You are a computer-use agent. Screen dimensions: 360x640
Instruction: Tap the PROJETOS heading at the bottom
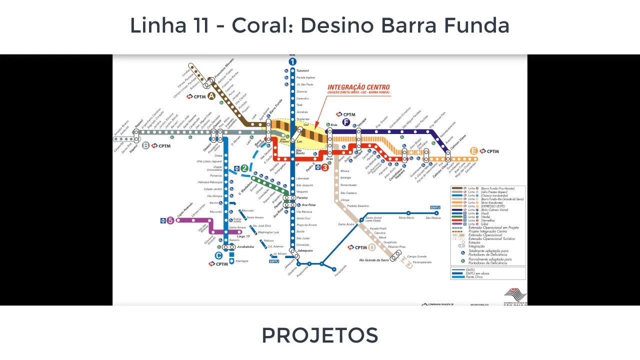pos(320,335)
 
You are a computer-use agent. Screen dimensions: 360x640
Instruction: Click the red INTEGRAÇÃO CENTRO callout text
pos(358,87)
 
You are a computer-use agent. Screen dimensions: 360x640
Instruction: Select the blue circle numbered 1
pos(292,61)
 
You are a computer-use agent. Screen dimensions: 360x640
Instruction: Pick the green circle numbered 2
pos(244,168)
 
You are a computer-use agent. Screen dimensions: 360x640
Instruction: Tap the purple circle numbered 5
pos(170,220)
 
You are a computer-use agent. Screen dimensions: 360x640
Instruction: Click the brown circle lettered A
pos(211,96)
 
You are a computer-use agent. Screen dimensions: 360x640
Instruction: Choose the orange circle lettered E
pos(473,151)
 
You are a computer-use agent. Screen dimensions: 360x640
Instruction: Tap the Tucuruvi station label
pos(303,70)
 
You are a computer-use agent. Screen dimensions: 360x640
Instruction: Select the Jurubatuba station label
pos(245,246)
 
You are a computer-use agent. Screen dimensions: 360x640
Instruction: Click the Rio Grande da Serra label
pos(373,260)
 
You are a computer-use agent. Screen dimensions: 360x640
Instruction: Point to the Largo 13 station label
pos(243,236)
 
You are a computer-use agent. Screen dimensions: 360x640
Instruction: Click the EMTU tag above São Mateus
pos(435,207)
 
